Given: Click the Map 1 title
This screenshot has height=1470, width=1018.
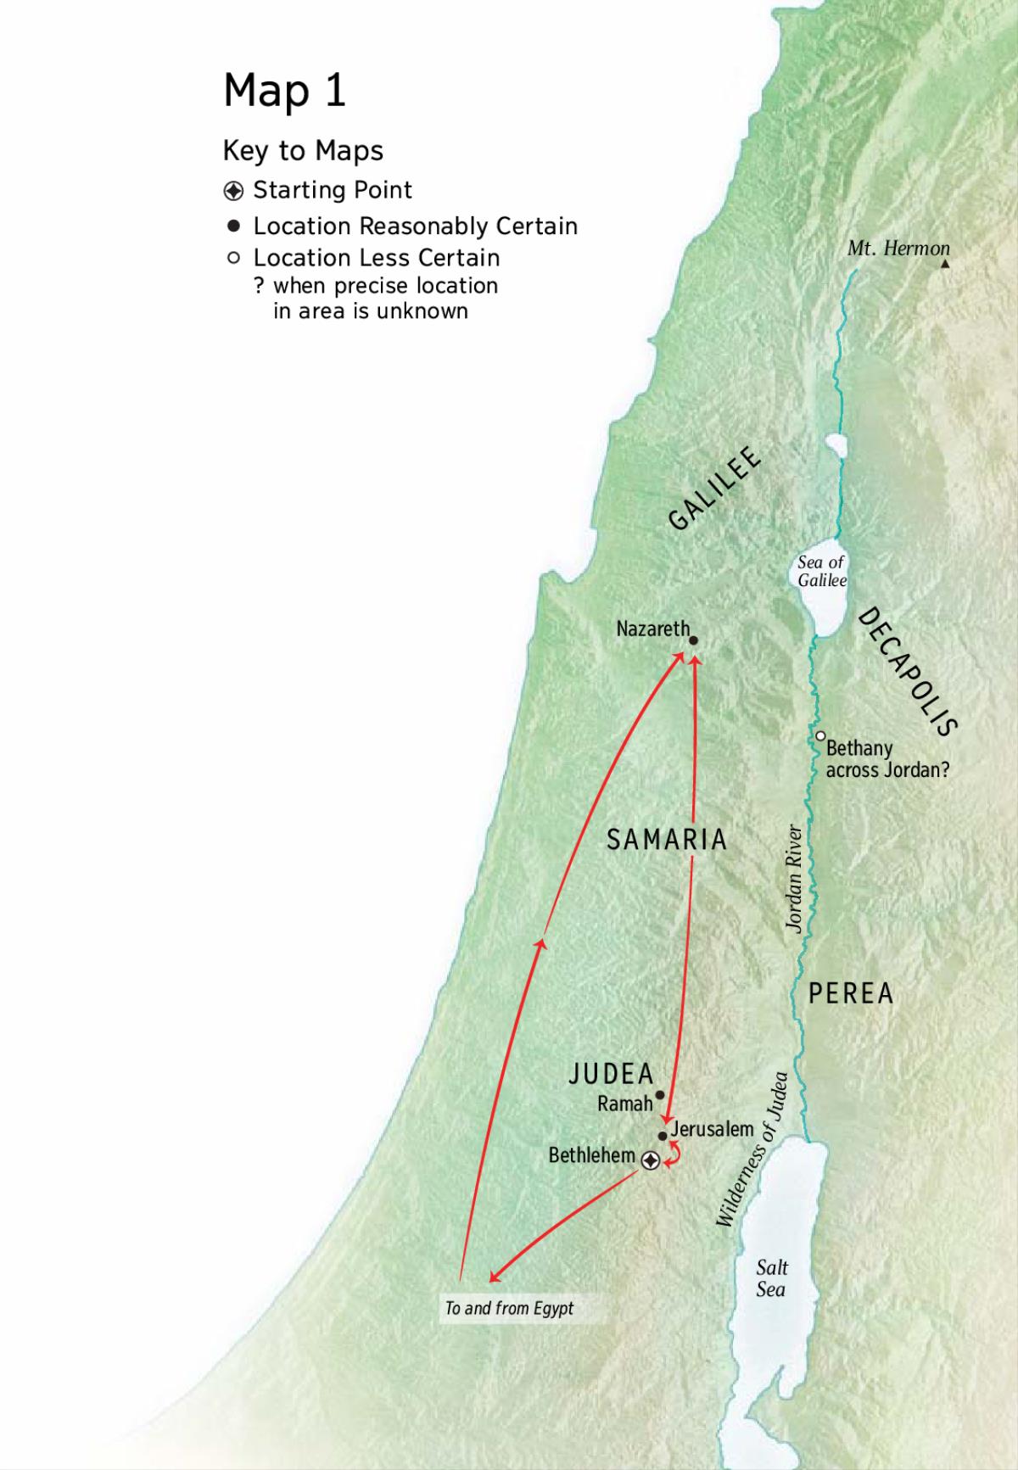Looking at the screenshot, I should tap(284, 90).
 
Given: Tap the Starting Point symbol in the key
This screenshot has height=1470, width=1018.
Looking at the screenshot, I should tap(233, 190).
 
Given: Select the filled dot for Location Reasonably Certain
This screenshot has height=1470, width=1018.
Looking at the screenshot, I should tap(233, 226).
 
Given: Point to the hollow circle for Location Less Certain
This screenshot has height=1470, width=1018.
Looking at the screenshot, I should tap(233, 258).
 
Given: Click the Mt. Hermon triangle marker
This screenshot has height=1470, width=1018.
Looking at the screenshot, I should tap(945, 265).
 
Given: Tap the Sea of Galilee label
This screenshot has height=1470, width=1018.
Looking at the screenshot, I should tap(821, 571).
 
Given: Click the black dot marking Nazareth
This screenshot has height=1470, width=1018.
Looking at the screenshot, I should tap(693, 641).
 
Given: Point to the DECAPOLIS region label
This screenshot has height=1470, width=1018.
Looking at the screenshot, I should tap(909, 671).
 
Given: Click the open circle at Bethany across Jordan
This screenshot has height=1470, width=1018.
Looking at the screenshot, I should tap(820, 735).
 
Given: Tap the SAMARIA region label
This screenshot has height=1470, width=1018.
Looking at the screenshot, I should tap(667, 840).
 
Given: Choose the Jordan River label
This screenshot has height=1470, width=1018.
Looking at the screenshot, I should tap(795, 878).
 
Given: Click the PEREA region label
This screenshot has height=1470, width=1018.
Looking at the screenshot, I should tap(850, 993).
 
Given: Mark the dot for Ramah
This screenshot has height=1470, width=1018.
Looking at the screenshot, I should tap(660, 1095).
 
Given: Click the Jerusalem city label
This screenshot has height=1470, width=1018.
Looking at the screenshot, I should tap(712, 1129).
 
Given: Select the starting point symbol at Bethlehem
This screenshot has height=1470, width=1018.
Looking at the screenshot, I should tap(650, 1160).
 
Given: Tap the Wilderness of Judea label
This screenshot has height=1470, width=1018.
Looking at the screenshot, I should tap(752, 1149).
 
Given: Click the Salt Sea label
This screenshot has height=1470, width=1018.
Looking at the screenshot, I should tap(771, 1277).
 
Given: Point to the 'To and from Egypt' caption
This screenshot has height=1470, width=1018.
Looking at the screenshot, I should tap(509, 1308).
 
